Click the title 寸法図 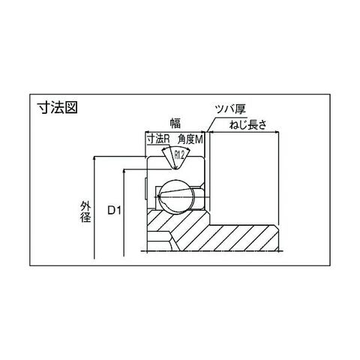coord(58,108)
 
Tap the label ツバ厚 coord(231,109)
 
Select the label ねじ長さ coord(247,124)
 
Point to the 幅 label coord(175,123)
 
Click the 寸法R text coord(158,139)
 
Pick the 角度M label coord(190,139)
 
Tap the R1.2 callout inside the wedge coord(179,155)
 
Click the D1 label coord(114,211)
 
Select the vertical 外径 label coord(85,211)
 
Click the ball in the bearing coord(176,196)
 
